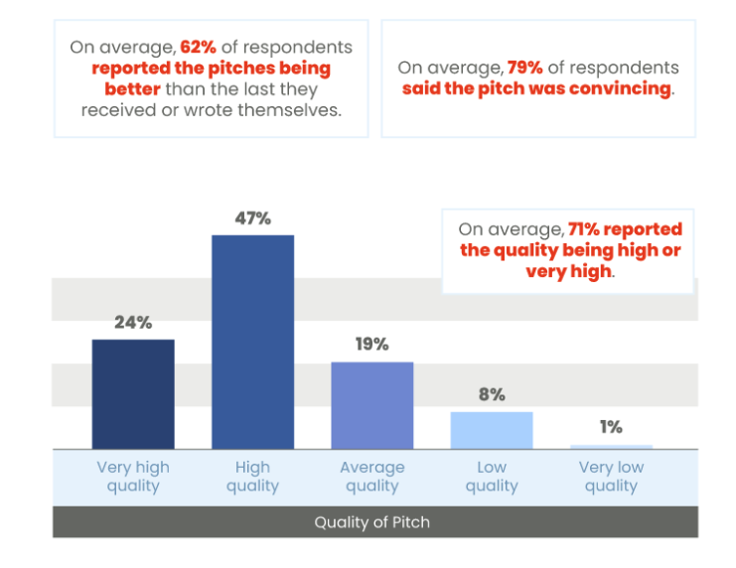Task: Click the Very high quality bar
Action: [133, 394]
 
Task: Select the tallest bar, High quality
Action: [252, 342]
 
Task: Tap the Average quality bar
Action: [371, 405]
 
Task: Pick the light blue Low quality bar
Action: [491, 430]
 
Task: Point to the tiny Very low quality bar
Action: [611, 447]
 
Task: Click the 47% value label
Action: [252, 218]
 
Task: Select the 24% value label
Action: [133, 323]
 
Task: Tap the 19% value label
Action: [371, 345]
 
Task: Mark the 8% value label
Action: [491, 394]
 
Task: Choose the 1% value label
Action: [611, 427]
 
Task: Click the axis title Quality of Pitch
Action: [372, 522]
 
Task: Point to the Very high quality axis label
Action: [133, 477]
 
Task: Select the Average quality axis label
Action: [371, 477]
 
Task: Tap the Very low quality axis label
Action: [611, 477]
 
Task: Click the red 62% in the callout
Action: [197, 48]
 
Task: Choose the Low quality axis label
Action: [491, 477]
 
